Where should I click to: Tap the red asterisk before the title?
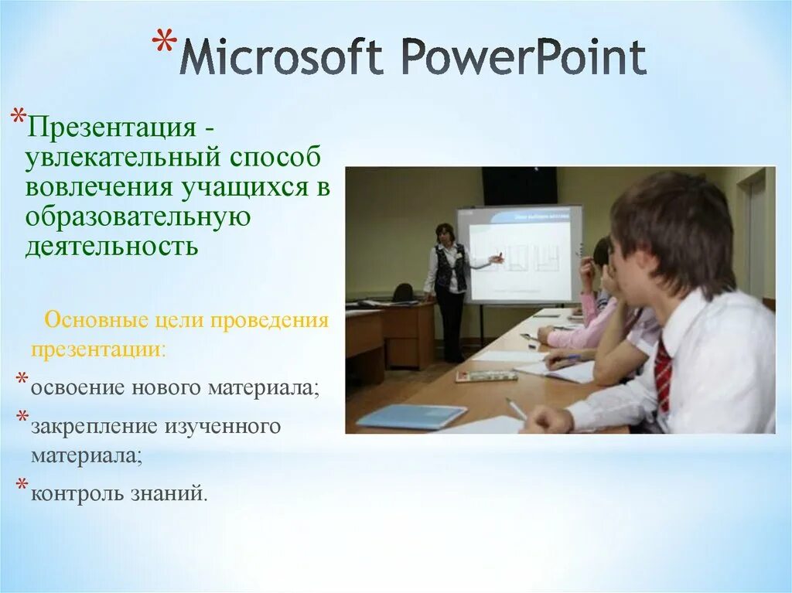click(x=165, y=43)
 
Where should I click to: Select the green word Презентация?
click(x=111, y=128)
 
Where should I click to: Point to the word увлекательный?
click(x=122, y=157)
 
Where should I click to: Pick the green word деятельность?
click(x=111, y=247)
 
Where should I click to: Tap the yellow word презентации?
click(x=98, y=349)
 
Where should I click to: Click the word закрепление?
click(x=94, y=427)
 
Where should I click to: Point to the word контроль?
click(x=77, y=493)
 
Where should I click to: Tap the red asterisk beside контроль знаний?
click(x=22, y=485)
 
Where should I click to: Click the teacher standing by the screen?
click(x=449, y=291)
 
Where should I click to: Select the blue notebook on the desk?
click(x=411, y=416)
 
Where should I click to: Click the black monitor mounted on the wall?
click(x=519, y=186)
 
